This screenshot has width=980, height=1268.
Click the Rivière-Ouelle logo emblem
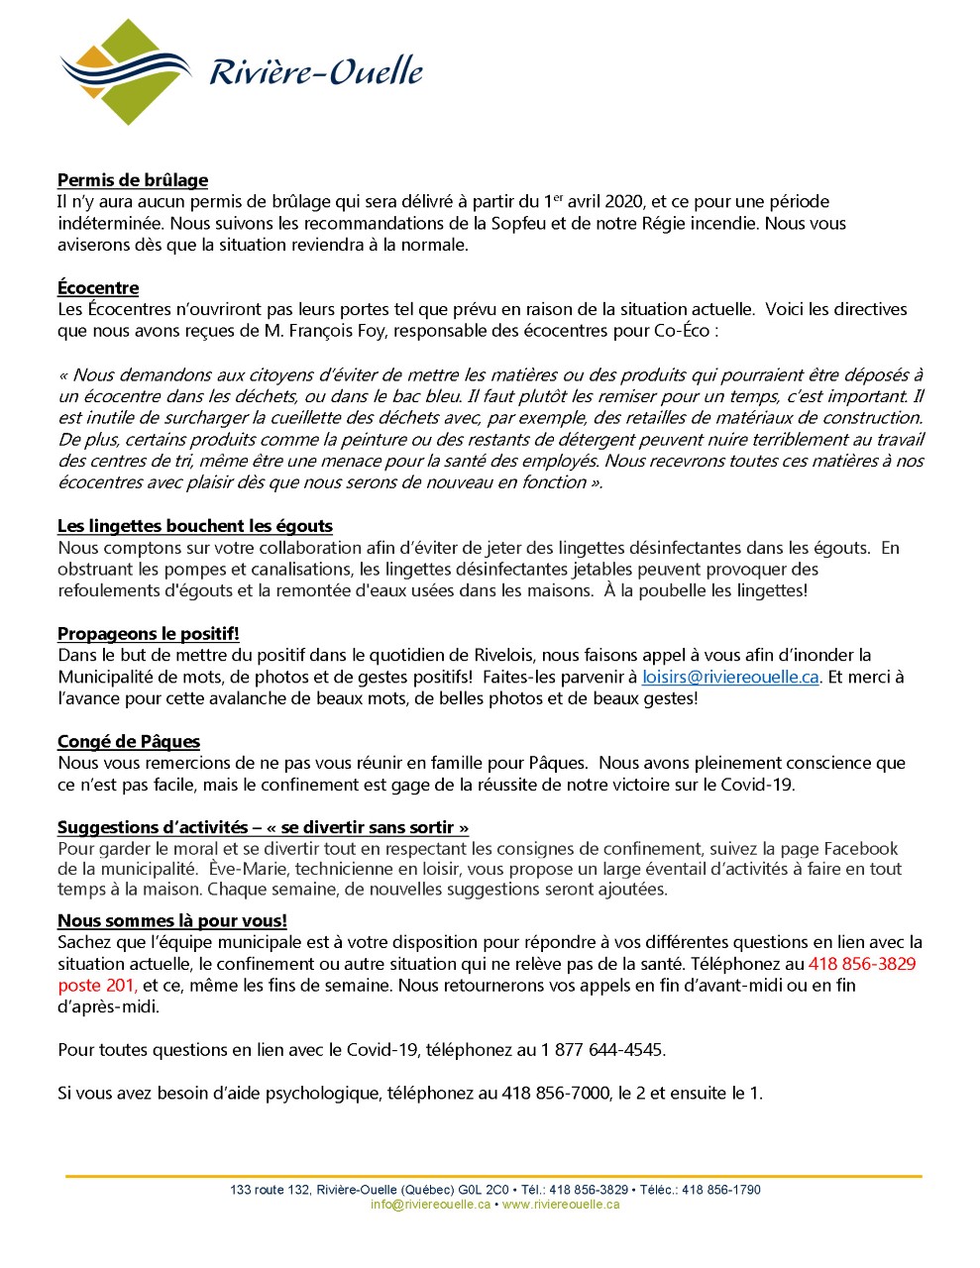tap(126, 71)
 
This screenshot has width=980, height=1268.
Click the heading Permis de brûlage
tap(133, 180)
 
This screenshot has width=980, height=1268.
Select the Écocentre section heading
tap(98, 288)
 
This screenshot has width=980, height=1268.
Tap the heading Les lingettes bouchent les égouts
tap(195, 526)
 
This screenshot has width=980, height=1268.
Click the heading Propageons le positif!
tap(149, 634)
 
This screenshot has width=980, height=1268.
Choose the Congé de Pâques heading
tap(129, 742)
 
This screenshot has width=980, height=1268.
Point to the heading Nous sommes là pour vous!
tap(172, 921)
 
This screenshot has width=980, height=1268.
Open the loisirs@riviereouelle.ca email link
tap(730, 678)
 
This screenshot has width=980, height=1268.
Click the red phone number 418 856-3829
tap(862, 964)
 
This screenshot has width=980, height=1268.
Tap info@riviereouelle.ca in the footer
tap(430, 1205)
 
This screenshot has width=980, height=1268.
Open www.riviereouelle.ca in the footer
tap(561, 1205)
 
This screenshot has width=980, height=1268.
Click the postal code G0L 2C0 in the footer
tap(483, 1190)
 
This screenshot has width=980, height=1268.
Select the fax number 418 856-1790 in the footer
tap(721, 1190)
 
